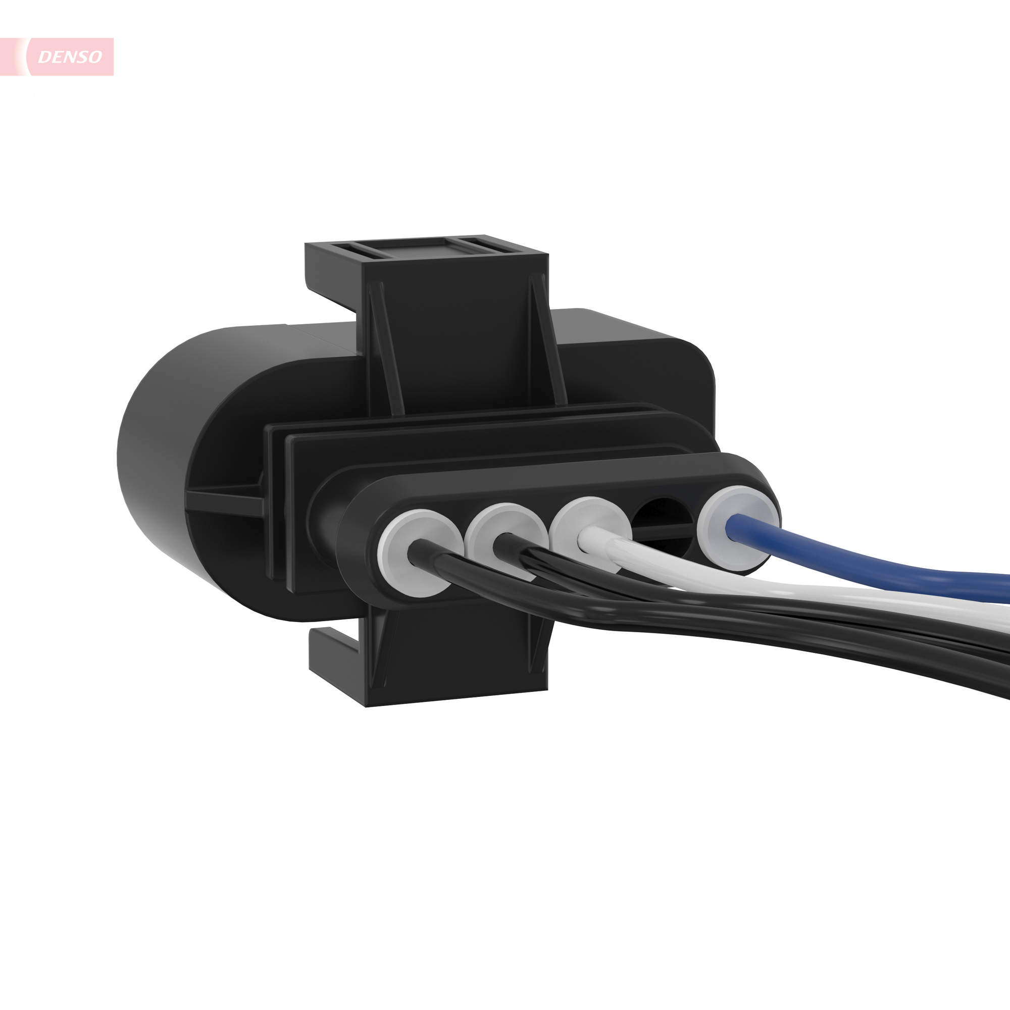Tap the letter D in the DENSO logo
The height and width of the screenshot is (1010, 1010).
pos(45,57)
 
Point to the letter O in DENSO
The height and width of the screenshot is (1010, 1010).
pos(95,57)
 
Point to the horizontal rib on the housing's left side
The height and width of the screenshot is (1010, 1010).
pos(225,499)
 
